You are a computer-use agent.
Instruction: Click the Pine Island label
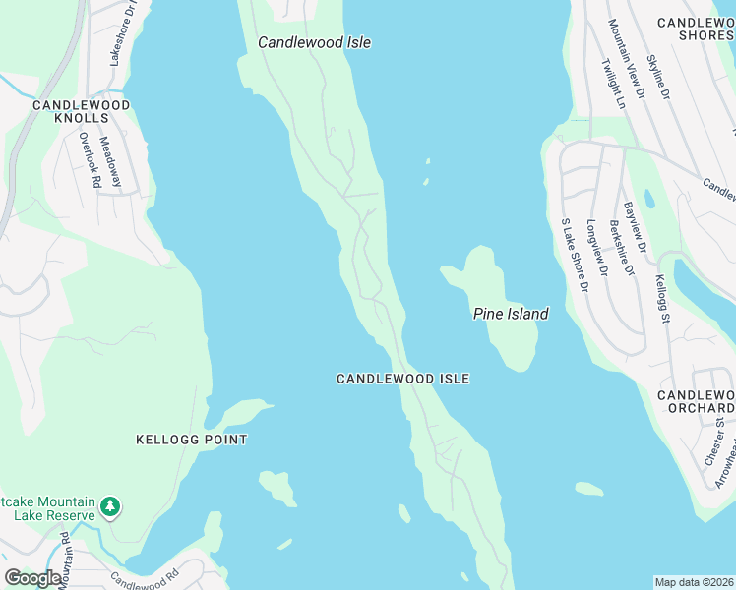[x=510, y=314]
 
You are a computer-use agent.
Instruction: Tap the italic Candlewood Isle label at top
[x=314, y=42]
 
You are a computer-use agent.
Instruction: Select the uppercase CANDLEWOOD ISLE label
[x=402, y=379]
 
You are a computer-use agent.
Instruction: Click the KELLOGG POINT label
[x=192, y=440]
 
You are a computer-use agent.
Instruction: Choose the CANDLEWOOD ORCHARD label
[x=696, y=401]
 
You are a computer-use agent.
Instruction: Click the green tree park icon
[x=111, y=507]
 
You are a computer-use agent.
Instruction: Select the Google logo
[x=33, y=578]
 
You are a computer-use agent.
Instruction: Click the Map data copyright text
[x=694, y=581]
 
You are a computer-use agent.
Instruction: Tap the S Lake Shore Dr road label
[x=574, y=256]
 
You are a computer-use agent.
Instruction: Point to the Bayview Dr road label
[x=635, y=227]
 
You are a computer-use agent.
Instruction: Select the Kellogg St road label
[x=663, y=299]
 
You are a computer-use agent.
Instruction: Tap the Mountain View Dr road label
[x=626, y=59]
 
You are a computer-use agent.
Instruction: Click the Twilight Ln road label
[x=612, y=83]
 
